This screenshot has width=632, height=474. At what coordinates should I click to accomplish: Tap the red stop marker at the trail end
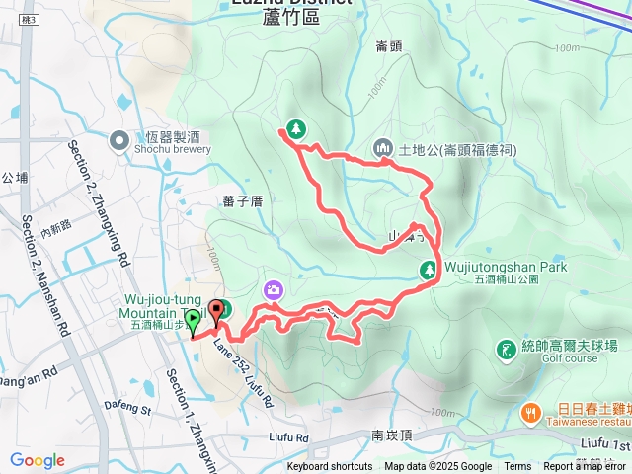[x=215, y=317]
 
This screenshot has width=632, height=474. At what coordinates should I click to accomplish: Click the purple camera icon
[x=273, y=289]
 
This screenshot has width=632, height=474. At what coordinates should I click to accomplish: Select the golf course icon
[x=507, y=347]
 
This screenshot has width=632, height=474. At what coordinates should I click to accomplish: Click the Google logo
[x=37, y=460]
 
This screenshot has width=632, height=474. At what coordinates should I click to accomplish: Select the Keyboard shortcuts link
[x=330, y=467]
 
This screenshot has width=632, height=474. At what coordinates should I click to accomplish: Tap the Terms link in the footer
[x=517, y=467]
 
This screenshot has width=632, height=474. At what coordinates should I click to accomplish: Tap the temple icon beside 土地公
[x=383, y=149]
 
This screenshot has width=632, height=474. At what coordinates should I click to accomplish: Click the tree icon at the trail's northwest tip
[x=295, y=128]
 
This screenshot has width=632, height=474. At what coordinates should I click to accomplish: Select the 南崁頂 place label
[x=391, y=434]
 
